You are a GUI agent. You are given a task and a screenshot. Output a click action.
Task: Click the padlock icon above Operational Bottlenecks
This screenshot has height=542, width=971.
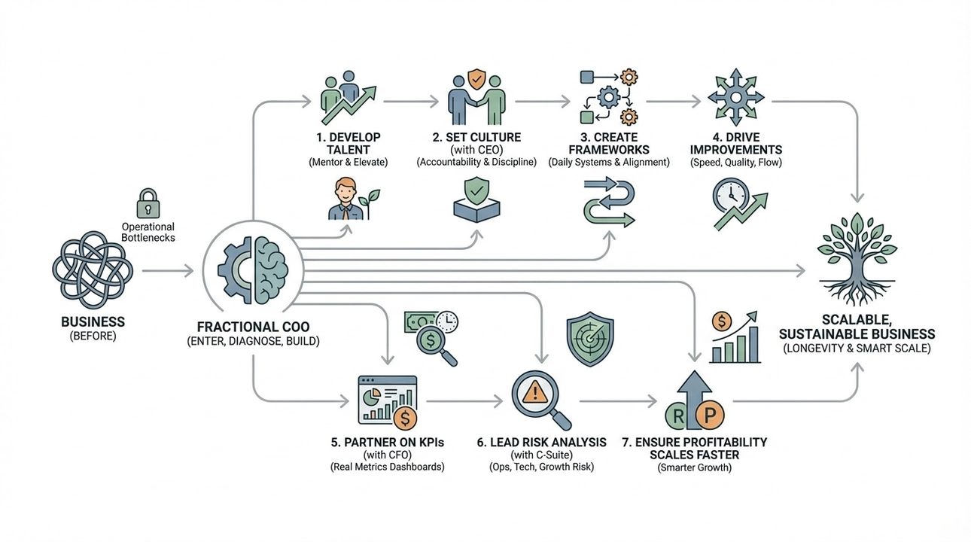[x=148, y=204]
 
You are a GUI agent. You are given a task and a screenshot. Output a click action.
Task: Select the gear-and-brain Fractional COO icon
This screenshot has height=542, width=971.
[x=253, y=269]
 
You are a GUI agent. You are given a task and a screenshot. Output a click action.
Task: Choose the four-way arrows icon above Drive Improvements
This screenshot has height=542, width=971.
[x=736, y=98]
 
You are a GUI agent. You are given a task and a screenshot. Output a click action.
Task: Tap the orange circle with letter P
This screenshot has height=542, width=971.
[x=709, y=413]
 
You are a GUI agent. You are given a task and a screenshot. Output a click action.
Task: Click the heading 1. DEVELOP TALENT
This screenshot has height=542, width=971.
[x=348, y=143]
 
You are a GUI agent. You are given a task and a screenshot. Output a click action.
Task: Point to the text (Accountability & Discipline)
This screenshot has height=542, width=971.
[x=476, y=163]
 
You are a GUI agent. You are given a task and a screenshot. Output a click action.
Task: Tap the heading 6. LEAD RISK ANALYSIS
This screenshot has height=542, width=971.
[x=541, y=443]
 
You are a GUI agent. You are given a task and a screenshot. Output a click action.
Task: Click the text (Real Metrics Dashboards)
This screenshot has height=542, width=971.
[x=388, y=467]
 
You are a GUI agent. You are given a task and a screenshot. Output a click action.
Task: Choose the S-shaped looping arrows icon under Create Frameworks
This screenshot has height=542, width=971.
[x=609, y=202]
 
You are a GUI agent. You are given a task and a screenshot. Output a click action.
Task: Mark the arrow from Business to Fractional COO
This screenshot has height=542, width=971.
[x=168, y=269]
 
